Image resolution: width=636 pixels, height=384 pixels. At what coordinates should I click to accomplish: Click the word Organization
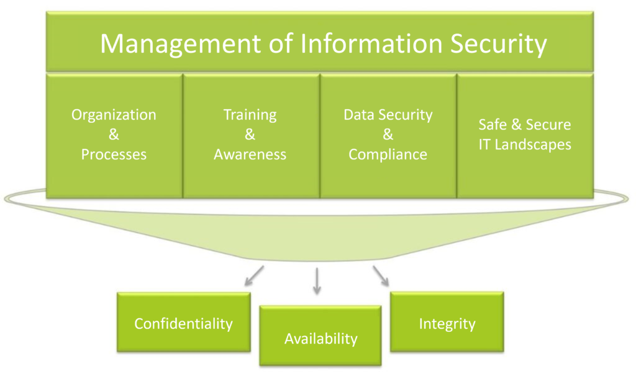click(x=114, y=115)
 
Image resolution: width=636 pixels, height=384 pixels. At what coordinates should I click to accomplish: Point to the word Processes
click(x=114, y=154)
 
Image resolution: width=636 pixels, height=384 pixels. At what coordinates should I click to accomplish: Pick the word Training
click(x=250, y=115)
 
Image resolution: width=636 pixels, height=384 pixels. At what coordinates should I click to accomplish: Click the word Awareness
click(x=250, y=154)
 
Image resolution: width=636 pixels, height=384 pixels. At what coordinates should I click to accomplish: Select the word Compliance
click(x=388, y=154)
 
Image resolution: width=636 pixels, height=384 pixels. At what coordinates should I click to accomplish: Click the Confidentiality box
click(x=183, y=323)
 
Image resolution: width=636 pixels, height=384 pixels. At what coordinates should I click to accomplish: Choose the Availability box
click(x=320, y=338)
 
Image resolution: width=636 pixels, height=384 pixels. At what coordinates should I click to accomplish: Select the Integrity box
click(x=447, y=323)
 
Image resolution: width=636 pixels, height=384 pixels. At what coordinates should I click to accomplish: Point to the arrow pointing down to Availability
click(x=317, y=280)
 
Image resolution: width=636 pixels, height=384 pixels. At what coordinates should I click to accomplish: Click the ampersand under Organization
click(x=114, y=135)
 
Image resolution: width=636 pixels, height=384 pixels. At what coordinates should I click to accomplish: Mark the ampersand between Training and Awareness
click(x=250, y=135)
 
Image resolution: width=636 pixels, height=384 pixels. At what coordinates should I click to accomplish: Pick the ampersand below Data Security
click(x=388, y=135)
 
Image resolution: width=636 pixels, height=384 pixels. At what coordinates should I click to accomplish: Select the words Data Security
click(x=388, y=115)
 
